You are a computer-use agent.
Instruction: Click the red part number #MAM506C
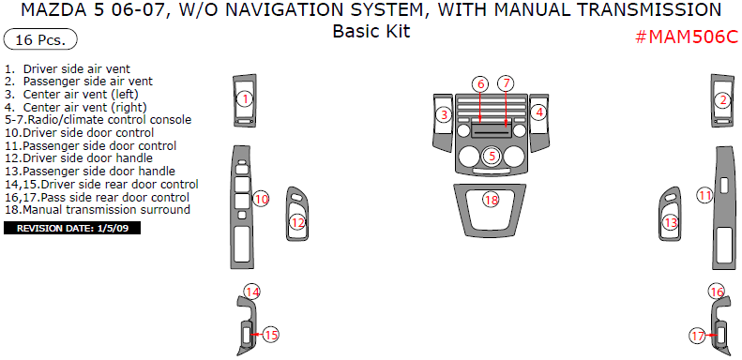click(686, 37)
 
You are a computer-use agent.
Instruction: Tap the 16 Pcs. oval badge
click(40, 39)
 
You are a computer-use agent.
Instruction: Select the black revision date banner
click(72, 229)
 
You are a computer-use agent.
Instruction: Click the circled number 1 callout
click(245, 99)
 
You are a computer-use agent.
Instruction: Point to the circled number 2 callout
click(722, 100)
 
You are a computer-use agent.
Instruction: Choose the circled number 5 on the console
click(492, 156)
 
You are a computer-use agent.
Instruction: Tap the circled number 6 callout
click(480, 84)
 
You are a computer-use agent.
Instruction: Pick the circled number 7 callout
click(506, 83)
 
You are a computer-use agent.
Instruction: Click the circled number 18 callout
click(492, 200)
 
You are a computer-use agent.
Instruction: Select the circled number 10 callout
click(261, 199)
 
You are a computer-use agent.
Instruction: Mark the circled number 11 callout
click(705, 195)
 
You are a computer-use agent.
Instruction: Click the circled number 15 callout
click(271, 335)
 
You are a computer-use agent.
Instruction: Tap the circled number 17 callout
click(698, 337)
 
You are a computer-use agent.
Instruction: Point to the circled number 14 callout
click(252, 292)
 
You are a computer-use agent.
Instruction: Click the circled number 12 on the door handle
click(297, 222)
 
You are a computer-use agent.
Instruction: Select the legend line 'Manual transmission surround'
click(98, 210)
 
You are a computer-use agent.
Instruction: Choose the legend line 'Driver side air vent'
click(68, 68)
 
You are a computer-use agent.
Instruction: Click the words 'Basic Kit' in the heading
click(371, 31)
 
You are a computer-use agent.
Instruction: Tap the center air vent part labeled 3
click(442, 123)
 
